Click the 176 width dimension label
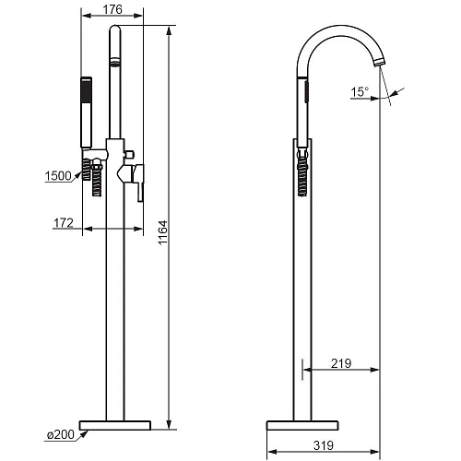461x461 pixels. (x=112, y=9)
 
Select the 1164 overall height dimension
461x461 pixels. (x=162, y=232)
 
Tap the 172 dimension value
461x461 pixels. (x=64, y=223)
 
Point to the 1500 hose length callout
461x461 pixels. (x=58, y=176)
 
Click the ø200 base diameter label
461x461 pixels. (x=61, y=434)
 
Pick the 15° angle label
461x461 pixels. (x=360, y=91)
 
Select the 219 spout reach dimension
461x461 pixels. (x=341, y=363)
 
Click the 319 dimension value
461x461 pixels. (x=324, y=445)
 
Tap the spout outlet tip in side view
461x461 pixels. (x=380, y=62)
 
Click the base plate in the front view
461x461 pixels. (x=115, y=425)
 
